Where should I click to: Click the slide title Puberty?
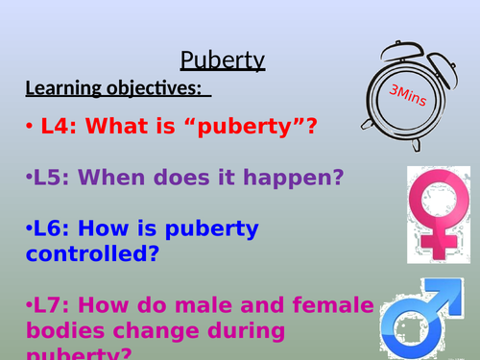[x=223, y=61]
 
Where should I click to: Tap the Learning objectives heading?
[x=114, y=89]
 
